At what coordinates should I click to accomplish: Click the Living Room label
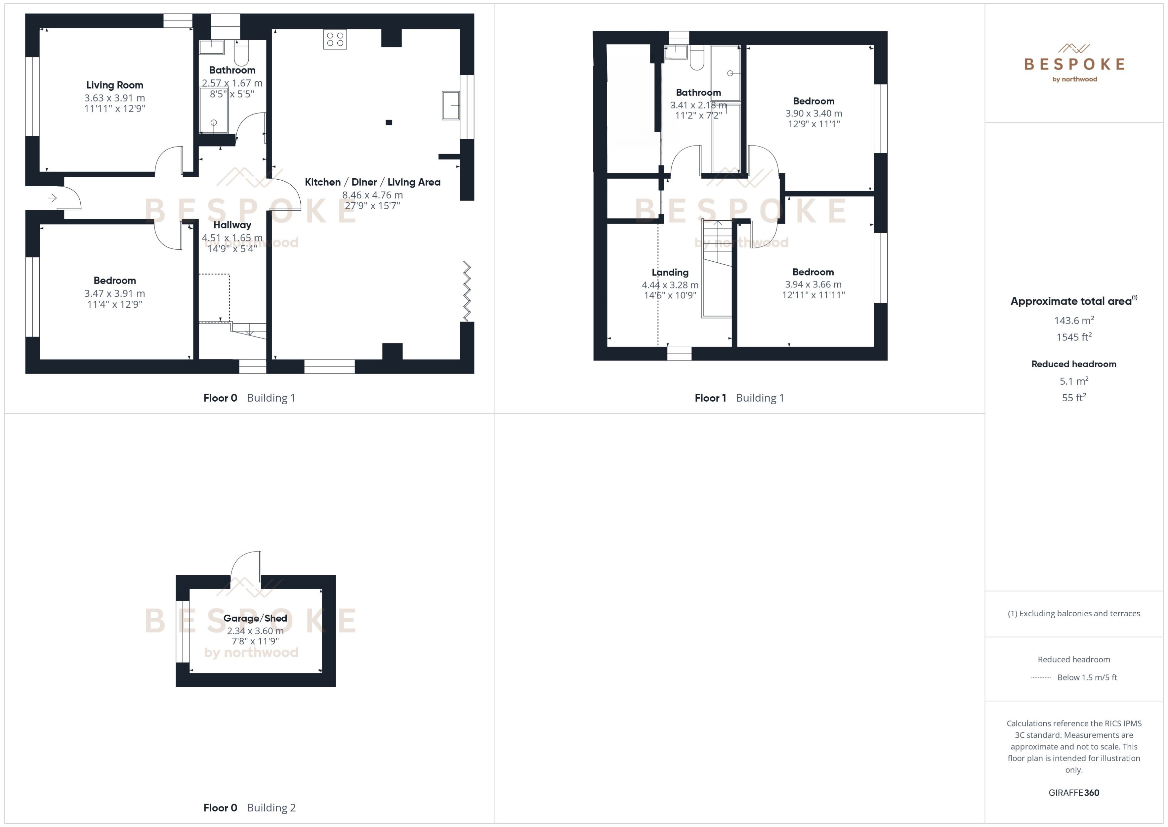114,85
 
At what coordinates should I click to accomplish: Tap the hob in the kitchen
335,40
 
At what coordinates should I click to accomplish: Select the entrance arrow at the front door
52,198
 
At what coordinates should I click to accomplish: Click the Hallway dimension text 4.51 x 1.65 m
232,238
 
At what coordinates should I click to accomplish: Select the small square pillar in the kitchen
389,122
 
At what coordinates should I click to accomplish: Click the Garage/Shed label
255,618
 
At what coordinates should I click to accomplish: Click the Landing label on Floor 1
670,272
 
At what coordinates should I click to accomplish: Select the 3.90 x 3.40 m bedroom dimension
813,114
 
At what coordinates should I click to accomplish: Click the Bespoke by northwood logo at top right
1074,63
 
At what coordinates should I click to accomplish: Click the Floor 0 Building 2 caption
249,807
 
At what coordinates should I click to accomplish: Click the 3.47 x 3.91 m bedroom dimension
114,293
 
